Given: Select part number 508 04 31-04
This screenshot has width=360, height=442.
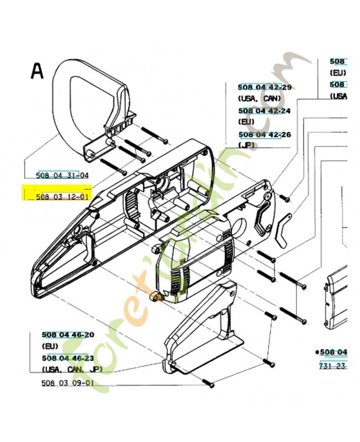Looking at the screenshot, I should [x=62, y=175].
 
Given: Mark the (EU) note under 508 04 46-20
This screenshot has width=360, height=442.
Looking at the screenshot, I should [x=50, y=346].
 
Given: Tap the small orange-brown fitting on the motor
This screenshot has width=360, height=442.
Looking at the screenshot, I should [x=157, y=298].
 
